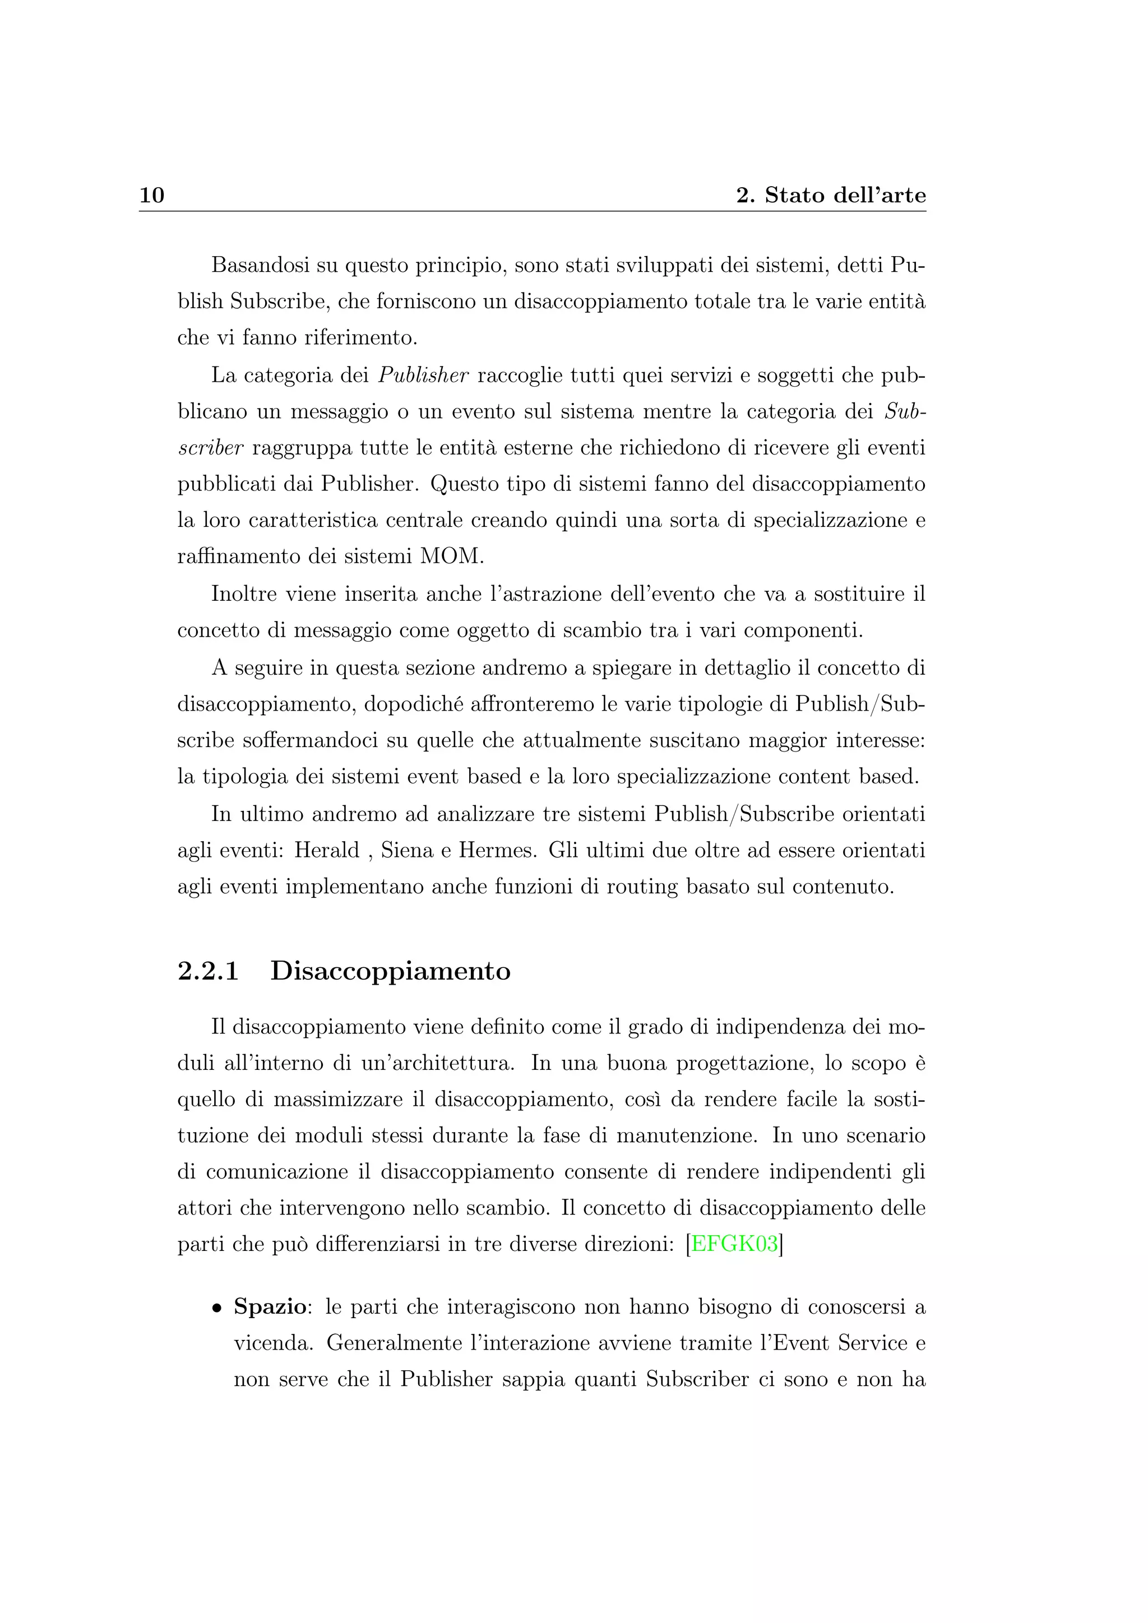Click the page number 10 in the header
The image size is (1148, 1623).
(x=152, y=195)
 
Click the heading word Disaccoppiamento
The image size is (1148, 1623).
(x=390, y=971)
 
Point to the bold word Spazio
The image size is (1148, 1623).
(x=270, y=1306)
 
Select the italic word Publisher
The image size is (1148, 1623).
(x=423, y=375)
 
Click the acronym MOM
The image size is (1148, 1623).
(x=452, y=557)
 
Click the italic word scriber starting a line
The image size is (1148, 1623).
(x=210, y=448)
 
